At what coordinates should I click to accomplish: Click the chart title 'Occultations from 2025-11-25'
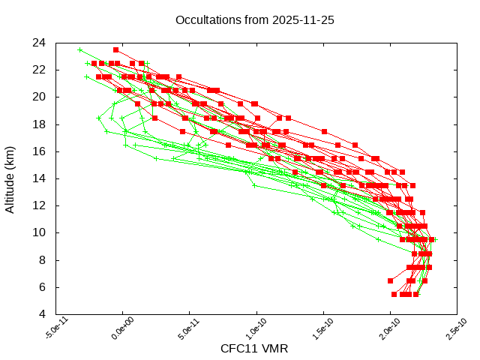(x=254, y=19)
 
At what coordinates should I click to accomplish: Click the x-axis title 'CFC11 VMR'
(x=254, y=348)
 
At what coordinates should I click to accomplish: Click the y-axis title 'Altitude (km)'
(x=10, y=178)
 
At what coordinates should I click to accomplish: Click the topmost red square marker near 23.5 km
(x=115, y=49)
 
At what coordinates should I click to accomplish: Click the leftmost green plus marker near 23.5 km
(x=80, y=49)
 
